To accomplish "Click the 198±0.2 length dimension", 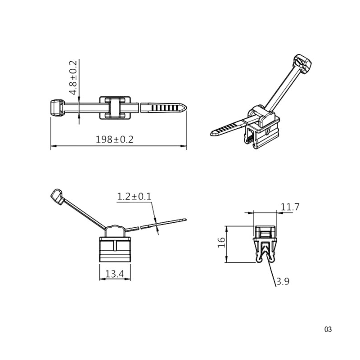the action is (x=114, y=139).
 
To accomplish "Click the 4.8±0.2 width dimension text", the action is (x=73, y=77).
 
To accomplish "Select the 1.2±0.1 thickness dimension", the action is (x=134, y=197).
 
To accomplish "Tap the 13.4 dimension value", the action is (x=115, y=274).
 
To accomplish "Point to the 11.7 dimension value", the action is (x=290, y=207).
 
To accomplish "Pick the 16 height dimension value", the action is (x=221, y=243).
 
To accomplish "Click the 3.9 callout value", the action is (x=283, y=282).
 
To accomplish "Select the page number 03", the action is (x=328, y=329).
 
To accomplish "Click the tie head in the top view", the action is (x=57, y=108).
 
